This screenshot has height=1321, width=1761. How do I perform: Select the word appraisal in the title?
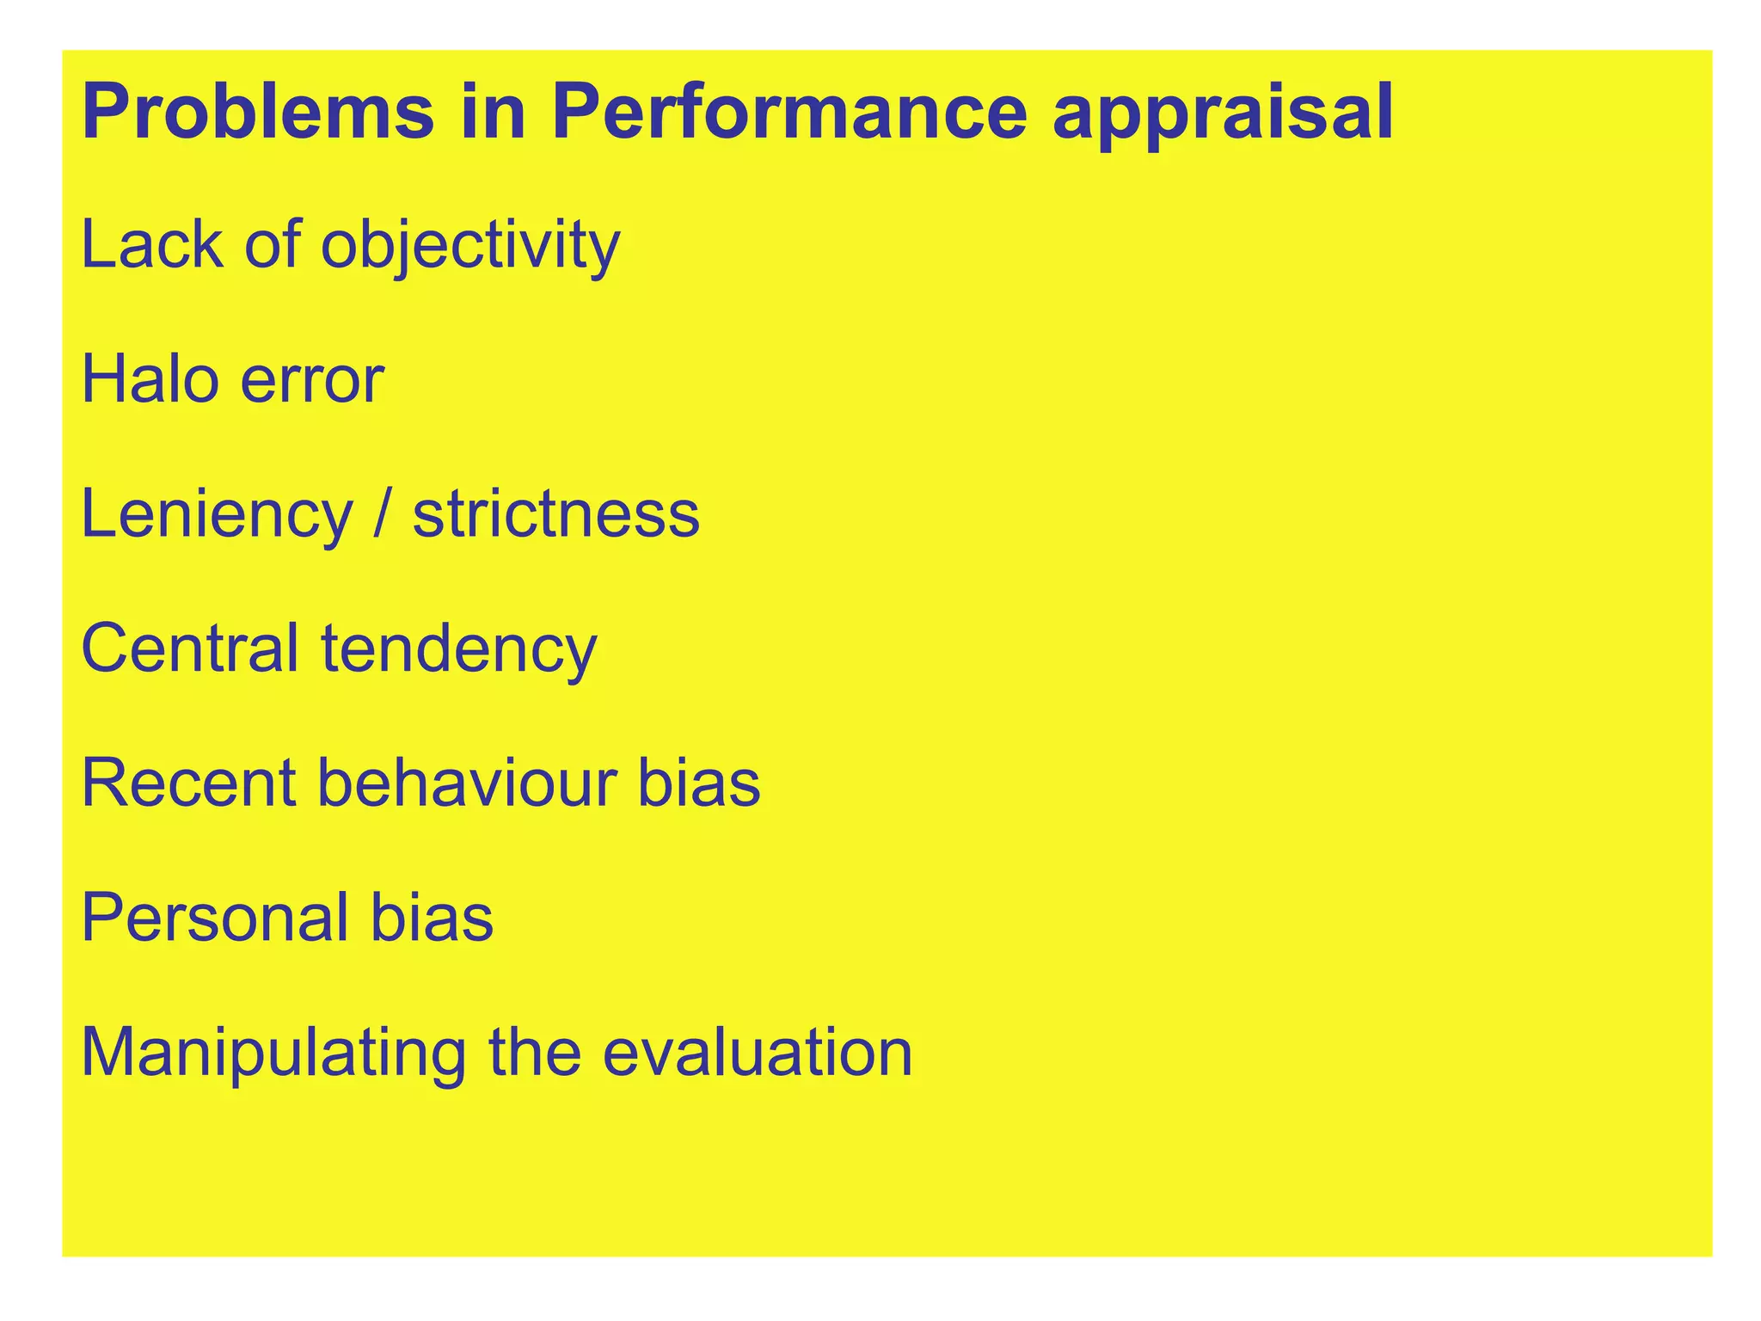(x=1223, y=113)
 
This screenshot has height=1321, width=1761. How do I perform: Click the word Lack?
(x=151, y=245)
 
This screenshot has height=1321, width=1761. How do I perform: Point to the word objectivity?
(x=470, y=245)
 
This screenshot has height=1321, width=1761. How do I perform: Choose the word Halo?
(x=150, y=379)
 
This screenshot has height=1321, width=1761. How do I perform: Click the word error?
(x=312, y=379)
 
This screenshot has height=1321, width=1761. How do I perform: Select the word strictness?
(x=556, y=514)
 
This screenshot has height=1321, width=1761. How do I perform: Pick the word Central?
(x=190, y=648)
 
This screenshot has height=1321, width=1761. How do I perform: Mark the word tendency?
(x=459, y=648)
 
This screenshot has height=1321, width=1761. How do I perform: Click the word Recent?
(x=189, y=783)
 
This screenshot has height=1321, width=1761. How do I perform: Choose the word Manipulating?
(x=273, y=1052)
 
